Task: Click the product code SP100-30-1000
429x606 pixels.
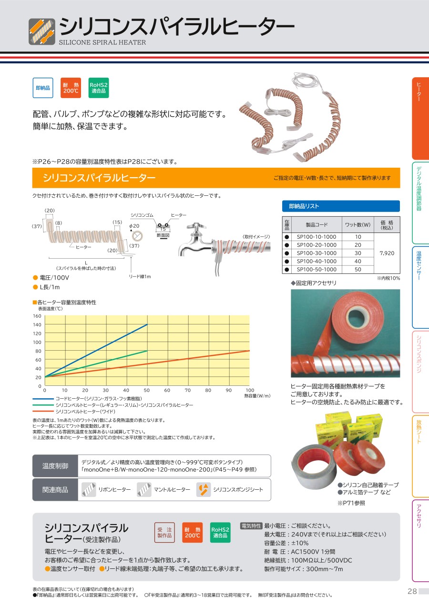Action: coord(316,253)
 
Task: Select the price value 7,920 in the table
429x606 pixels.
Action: coord(387,253)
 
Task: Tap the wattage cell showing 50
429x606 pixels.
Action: coord(358,270)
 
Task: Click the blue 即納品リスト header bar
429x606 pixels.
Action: coord(341,206)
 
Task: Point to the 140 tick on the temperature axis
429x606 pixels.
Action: coord(37,324)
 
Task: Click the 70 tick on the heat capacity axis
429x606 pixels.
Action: coord(188,390)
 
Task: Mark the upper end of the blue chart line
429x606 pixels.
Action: coord(147,324)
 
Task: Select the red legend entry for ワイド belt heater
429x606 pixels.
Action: coord(73,412)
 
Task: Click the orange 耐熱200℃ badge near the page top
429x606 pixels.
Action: coord(71,88)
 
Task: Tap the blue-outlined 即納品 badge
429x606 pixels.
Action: coord(43,88)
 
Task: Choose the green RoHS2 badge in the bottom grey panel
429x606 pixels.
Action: coord(220,533)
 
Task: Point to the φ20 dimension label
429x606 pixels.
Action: coord(134,226)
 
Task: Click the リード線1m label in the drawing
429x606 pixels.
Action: coord(140,276)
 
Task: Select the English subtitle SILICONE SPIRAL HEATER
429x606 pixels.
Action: coord(102,42)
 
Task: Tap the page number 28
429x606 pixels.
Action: coord(412,591)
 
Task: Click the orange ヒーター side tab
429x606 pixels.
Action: coord(420,118)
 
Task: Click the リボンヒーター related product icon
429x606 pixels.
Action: coord(89,489)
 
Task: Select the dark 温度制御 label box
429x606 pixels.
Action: coord(55,466)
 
